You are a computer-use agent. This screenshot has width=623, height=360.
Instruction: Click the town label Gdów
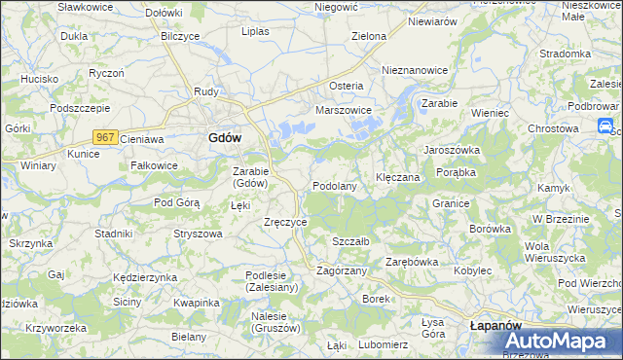click(225, 138)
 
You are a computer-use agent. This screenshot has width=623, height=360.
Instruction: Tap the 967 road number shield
click(106, 137)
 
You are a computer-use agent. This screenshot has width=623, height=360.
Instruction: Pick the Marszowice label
click(344, 110)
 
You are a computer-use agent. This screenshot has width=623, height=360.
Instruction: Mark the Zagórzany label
click(342, 270)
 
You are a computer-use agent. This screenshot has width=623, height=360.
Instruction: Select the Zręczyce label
click(286, 222)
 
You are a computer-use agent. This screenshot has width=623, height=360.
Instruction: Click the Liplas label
click(255, 31)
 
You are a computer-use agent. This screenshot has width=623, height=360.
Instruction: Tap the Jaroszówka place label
click(451, 150)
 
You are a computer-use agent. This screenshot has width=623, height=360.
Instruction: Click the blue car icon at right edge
click(605, 126)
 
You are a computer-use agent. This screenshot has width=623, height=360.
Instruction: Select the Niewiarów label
click(432, 20)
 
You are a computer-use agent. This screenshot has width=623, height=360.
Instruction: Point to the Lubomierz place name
click(383, 344)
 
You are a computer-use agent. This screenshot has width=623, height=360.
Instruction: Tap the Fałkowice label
click(154, 165)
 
